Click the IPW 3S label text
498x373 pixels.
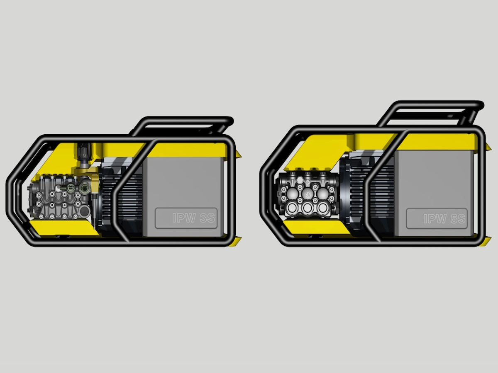[193, 218]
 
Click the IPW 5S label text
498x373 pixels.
[444, 219]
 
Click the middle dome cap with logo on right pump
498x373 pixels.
[308, 194]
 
